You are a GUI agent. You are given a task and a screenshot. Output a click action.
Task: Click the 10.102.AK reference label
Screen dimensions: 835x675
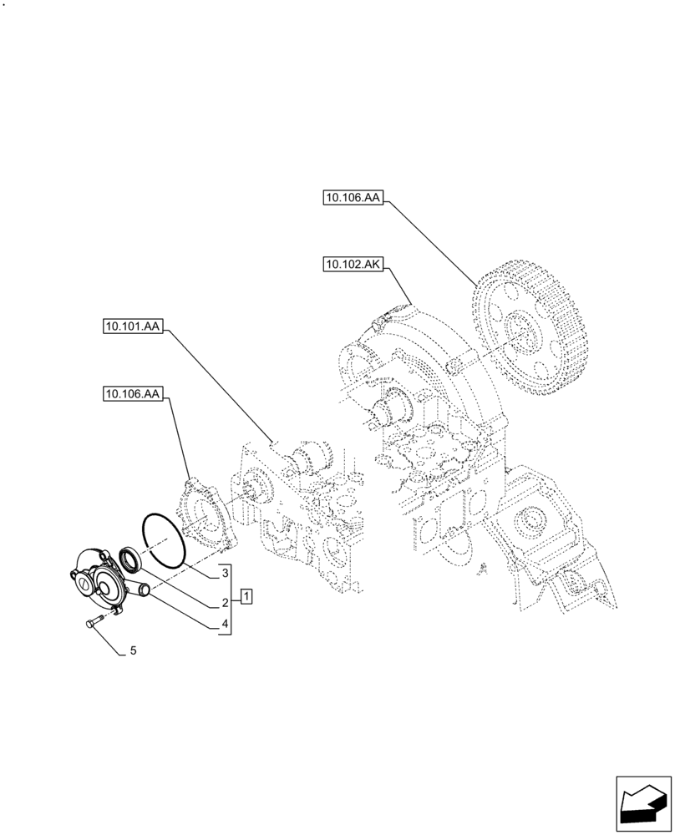tap(351, 265)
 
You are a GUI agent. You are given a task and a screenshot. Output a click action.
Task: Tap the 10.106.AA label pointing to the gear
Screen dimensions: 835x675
tap(351, 198)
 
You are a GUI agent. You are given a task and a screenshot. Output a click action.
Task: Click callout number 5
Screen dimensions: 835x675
tap(132, 650)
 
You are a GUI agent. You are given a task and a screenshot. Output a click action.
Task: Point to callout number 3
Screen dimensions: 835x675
tap(225, 574)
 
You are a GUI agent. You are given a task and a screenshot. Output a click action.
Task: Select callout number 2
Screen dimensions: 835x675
tap(225, 602)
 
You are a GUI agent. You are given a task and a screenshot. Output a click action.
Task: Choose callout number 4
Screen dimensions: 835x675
tap(225, 625)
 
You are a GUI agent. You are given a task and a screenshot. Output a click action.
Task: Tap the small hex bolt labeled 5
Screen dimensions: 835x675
tap(94, 619)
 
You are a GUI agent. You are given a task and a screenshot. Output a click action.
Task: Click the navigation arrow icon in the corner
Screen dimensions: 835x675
tap(642, 805)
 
